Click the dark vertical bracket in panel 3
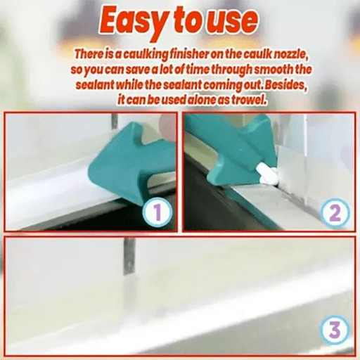[129, 255]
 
